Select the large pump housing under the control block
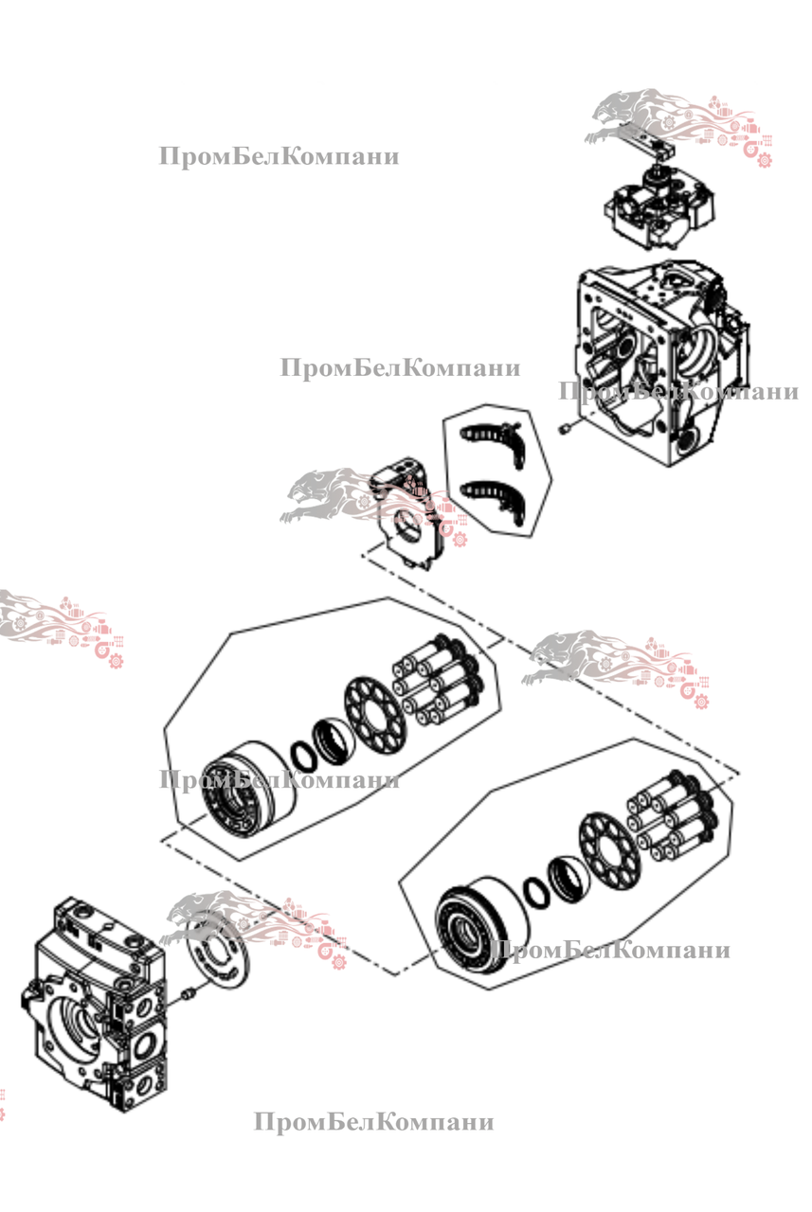tap(659, 360)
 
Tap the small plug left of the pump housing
tap(566, 429)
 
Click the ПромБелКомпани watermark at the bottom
tap(373, 1122)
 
